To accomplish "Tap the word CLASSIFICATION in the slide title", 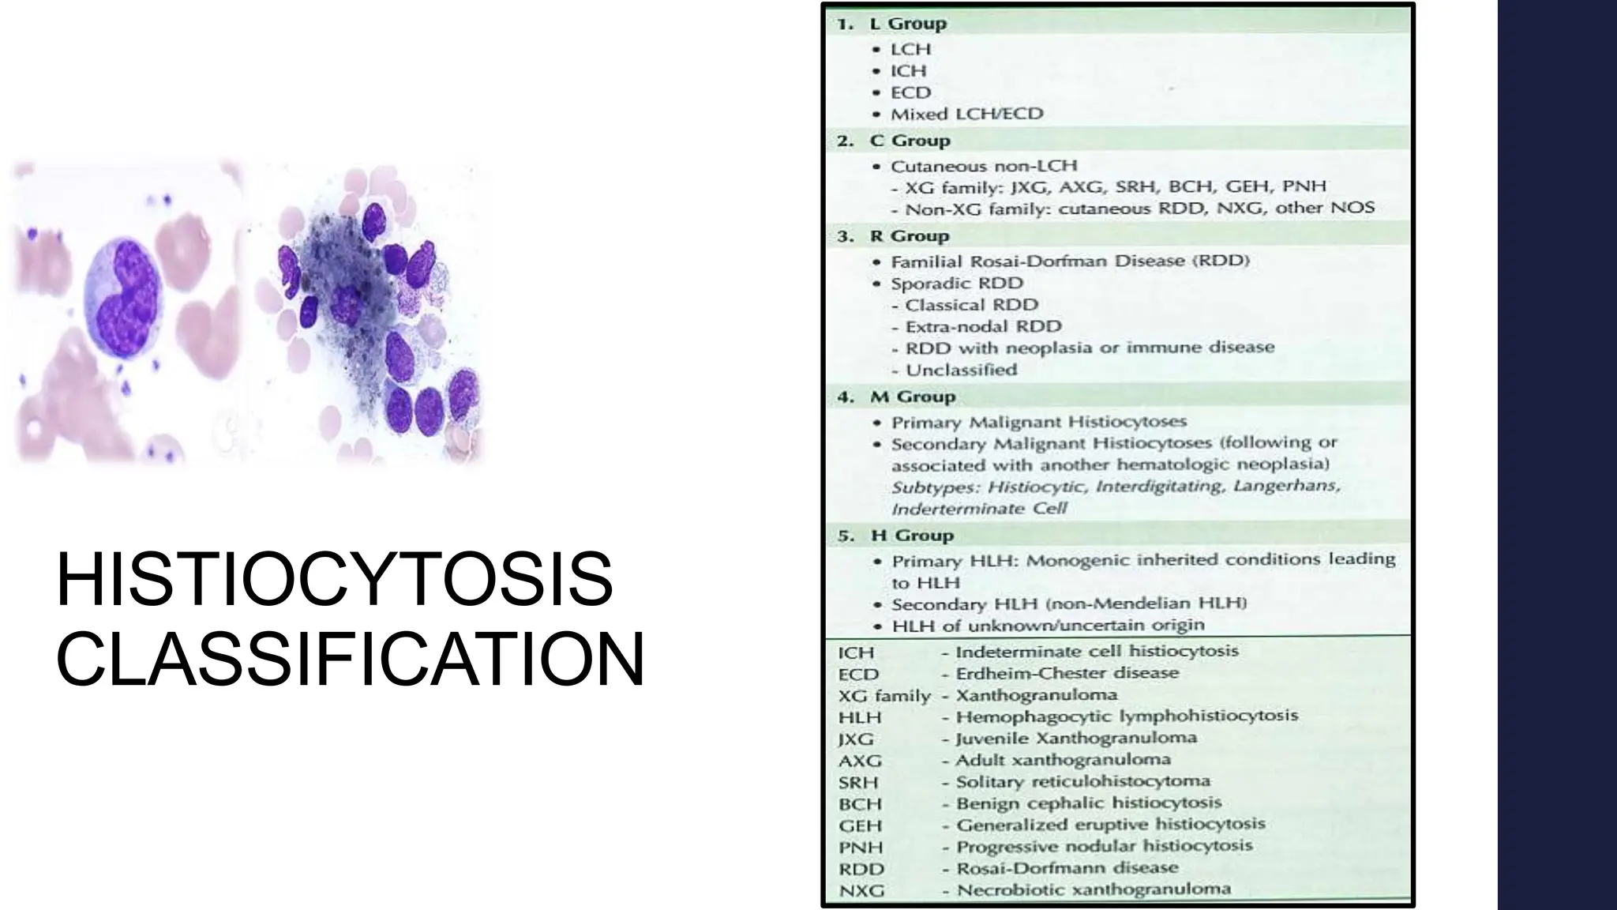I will tap(351, 660).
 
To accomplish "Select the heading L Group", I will tap(907, 24).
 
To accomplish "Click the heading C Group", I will tap(910, 141).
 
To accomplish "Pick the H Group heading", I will tap(912, 536).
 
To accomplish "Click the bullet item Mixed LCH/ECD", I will tap(966, 115).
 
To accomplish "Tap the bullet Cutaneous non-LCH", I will tap(983, 166).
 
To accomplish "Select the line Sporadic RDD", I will tap(956, 283).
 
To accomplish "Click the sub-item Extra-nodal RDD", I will tap(983, 326).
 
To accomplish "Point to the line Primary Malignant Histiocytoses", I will tap(1039, 422).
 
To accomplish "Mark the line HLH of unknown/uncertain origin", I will tap(1048, 626).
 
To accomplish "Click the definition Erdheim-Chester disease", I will tap(1067, 673).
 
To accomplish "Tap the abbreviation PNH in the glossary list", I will tap(861, 848).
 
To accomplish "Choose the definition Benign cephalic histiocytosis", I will tap(1088, 803).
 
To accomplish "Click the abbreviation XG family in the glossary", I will tap(884, 696).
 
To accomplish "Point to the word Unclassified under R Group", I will tap(961, 370).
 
